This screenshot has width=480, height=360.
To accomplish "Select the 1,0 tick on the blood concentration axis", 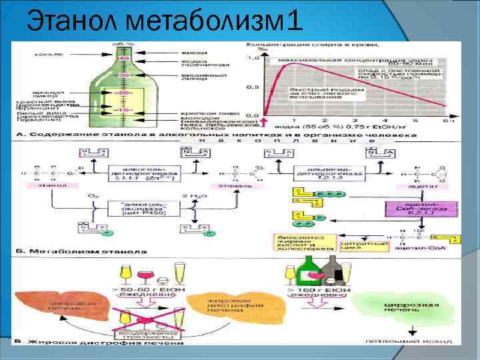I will tap(253, 58).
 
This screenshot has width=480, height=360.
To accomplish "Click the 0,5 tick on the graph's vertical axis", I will tap(253, 87).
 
